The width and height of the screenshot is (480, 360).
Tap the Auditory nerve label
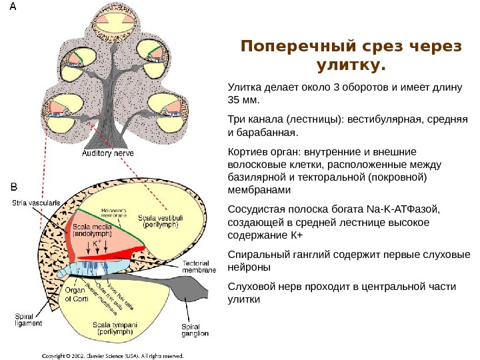click(x=107, y=153)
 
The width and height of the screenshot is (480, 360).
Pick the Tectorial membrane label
click(x=200, y=267)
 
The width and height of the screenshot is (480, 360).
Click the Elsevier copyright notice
click(x=113, y=355)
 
